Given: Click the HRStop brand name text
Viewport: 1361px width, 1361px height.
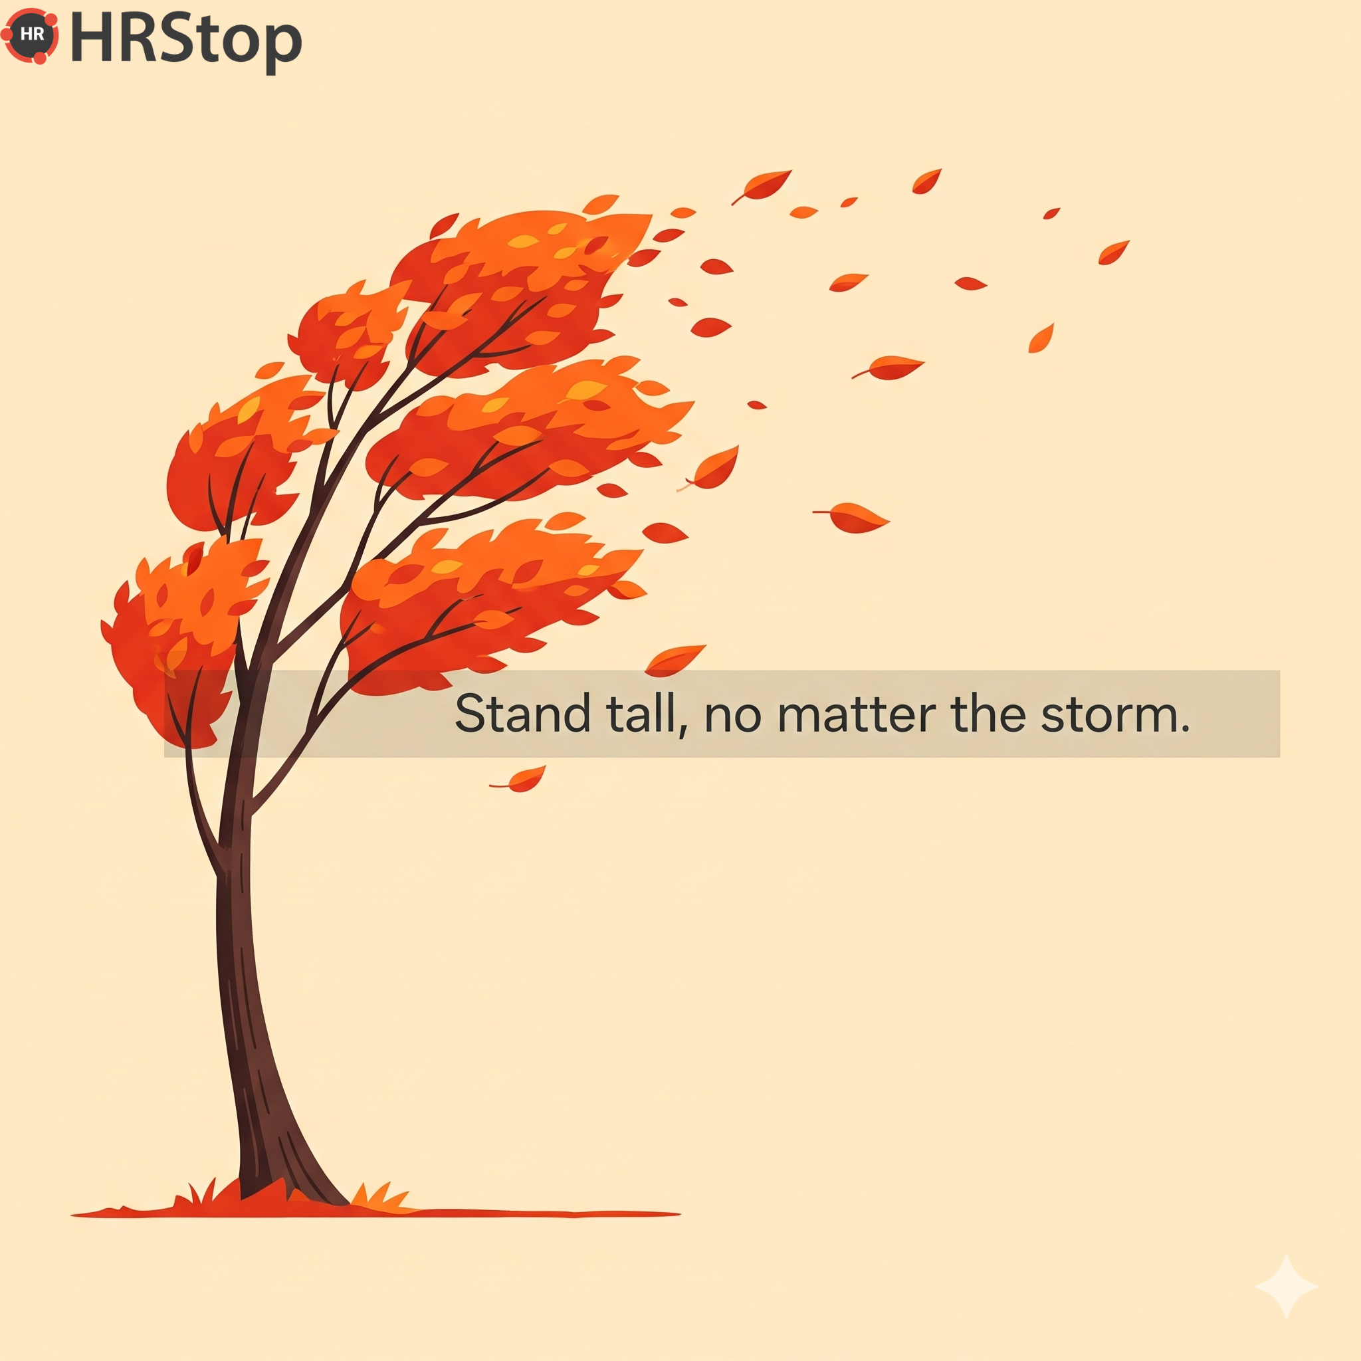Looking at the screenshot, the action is click(186, 41).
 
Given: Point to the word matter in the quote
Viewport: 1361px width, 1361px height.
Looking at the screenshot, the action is click(856, 714).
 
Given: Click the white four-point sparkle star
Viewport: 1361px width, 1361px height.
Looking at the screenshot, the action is click(1287, 1287).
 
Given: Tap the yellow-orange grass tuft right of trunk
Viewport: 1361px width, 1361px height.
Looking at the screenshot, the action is click(380, 1196).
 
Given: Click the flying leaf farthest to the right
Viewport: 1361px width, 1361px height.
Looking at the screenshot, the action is click(1114, 252).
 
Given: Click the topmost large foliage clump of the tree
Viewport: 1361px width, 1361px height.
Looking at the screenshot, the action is click(521, 289).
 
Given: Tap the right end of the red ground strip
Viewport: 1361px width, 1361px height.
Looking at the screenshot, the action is click(679, 1213).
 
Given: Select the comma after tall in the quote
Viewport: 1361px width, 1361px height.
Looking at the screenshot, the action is click(682, 732).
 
